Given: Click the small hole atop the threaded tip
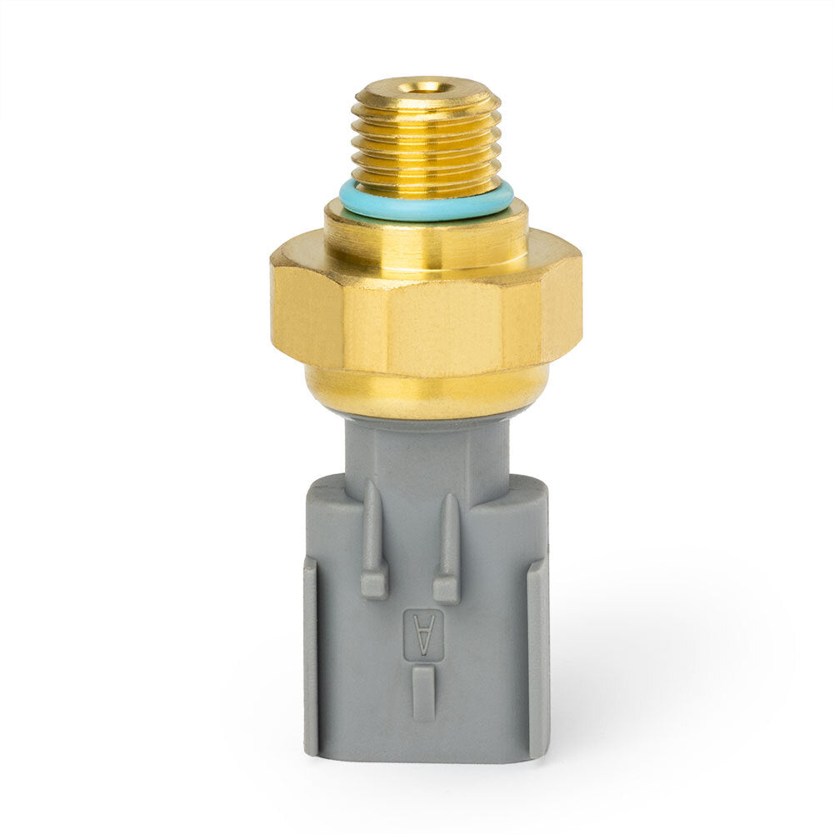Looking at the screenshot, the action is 426,87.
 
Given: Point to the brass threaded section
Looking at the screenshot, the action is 426,138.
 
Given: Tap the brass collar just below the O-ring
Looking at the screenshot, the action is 426,234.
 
